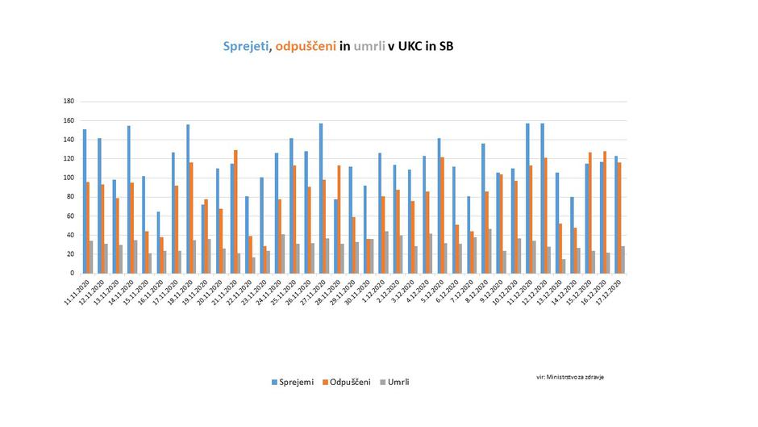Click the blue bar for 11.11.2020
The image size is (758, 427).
[x=85, y=201]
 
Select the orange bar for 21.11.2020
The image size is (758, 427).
[x=235, y=211]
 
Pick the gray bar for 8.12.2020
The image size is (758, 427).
[x=489, y=251]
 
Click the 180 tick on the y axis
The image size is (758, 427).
[x=69, y=102]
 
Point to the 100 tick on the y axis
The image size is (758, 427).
[x=69, y=178]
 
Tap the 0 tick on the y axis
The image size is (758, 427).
[x=72, y=273]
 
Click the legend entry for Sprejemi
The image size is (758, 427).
[x=290, y=382]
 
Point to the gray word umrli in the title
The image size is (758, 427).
[x=369, y=46]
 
